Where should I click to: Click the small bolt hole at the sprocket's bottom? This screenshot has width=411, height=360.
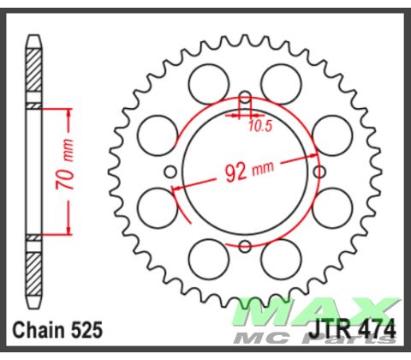(245, 248)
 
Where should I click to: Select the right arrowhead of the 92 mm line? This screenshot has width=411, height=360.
(316, 155)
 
